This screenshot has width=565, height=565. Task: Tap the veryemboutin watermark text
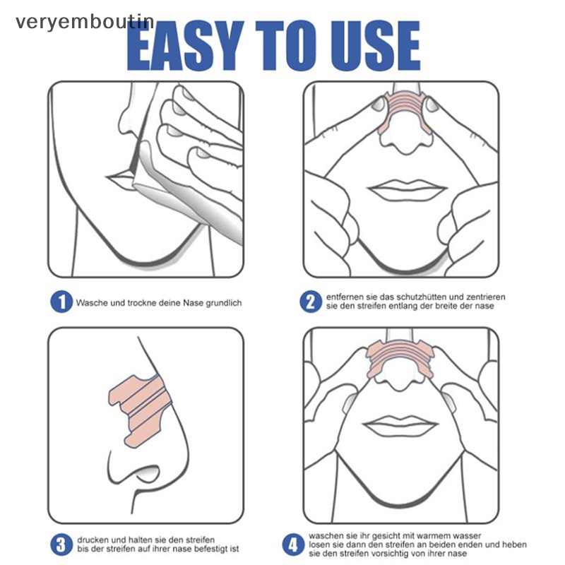click(85, 23)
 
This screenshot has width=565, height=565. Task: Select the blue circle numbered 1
click(61, 302)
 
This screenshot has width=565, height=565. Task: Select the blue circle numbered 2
click(311, 302)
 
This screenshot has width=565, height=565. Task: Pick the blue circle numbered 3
click(61, 545)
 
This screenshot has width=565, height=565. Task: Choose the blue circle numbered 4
click(293, 545)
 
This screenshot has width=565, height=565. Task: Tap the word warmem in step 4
click(427, 536)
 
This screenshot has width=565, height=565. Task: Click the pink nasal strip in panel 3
click(141, 409)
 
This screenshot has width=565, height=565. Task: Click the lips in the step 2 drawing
click(407, 189)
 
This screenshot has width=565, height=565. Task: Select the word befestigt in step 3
click(211, 549)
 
